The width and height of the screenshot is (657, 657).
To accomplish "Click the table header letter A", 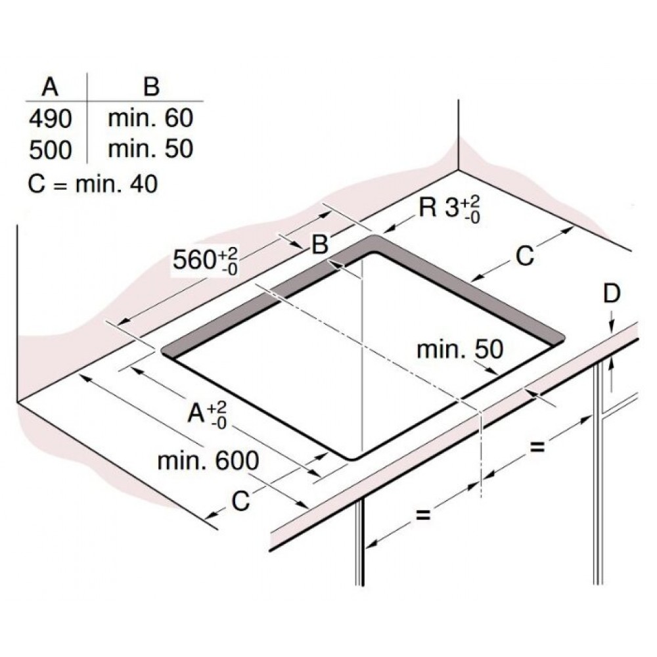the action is click(x=51, y=87).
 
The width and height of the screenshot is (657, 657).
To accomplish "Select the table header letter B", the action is click(x=151, y=87).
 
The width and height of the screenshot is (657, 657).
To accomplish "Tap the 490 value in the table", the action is click(x=51, y=118).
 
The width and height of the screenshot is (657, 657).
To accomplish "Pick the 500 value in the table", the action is click(x=51, y=150).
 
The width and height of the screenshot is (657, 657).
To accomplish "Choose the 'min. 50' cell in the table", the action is click(x=150, y=148).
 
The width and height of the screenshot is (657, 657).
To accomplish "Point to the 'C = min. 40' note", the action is click(x=93, y=184).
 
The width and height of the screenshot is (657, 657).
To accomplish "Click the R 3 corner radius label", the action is click(x=449, y=208).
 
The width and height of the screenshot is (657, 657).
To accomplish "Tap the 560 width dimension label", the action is click(x=205, y=261).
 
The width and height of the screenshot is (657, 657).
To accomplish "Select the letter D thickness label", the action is click(x=611, y=294).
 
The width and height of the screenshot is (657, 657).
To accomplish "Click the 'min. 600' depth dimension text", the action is click(x=208, y=461).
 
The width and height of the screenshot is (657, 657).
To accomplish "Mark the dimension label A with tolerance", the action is click(x=207, y=415).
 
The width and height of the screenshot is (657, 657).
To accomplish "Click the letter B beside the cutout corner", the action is click(x=320, y=244).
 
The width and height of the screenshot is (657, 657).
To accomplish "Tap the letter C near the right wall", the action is click(x=525, y=256).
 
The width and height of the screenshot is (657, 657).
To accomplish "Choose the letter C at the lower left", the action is click(x=241, y=500).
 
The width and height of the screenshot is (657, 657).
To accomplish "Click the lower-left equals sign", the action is click(x=422, y=514).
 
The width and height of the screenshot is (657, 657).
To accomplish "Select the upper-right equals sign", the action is click(x=537, y=447).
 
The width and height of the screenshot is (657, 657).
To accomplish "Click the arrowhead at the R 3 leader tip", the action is click(x=390, y=229).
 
